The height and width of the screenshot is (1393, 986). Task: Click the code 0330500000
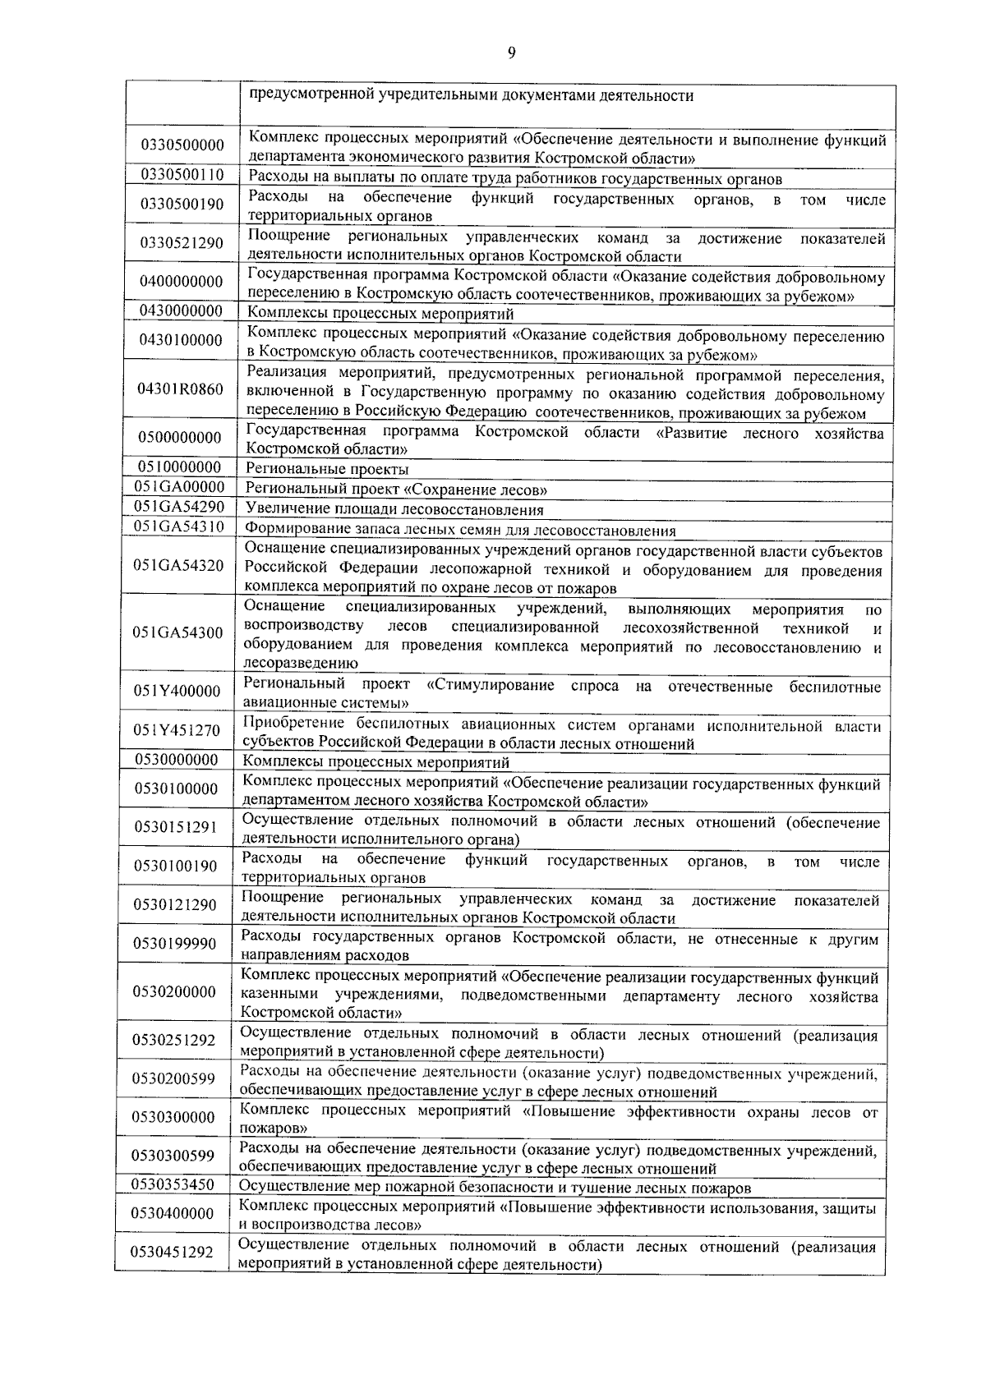click(182, 145)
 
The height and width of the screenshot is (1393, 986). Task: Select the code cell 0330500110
click(182, 174)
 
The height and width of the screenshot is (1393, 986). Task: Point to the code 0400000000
click(181, 282)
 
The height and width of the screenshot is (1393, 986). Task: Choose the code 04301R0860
click(180, 388)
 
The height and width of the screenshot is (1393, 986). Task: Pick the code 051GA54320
click(178, 565)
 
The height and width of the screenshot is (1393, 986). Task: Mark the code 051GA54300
click(178, 632)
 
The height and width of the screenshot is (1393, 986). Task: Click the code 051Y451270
click(177, 730)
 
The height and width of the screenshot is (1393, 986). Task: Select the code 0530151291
click(176, 827)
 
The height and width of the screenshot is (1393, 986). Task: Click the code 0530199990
click(176, 944)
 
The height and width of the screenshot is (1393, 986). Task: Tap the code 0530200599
click(174, 1078)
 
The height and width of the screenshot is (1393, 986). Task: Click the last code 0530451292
click(173, 1253)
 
